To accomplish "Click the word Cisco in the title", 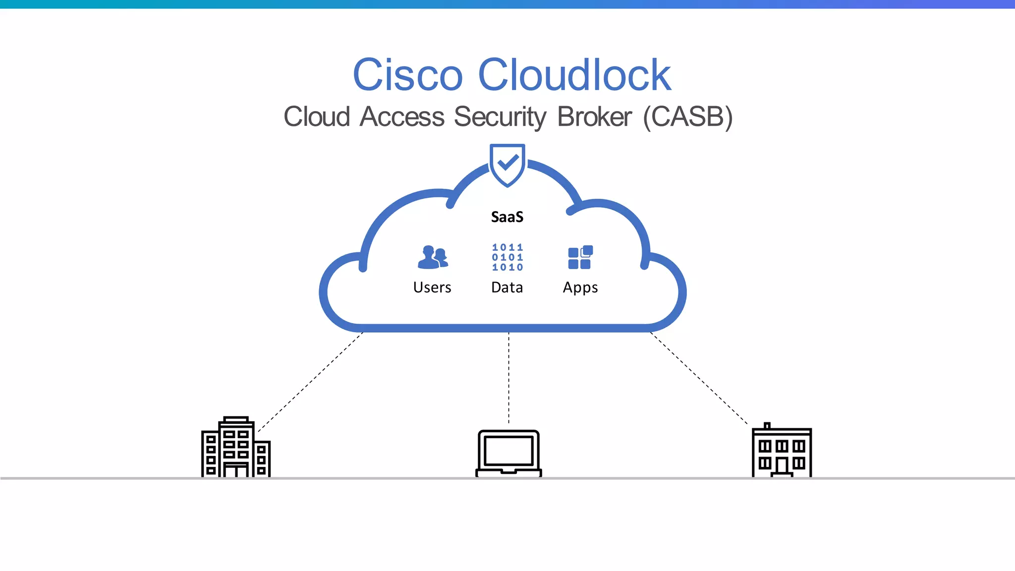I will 407,75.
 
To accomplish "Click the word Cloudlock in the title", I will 574,75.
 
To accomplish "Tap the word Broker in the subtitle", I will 594,117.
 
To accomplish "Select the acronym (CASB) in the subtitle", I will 687,117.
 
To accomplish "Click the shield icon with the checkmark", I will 507,164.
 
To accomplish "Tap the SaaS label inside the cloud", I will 507,217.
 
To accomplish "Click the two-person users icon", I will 433,257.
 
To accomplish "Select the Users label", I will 432,287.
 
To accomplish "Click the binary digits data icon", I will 507,257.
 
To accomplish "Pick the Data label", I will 507,287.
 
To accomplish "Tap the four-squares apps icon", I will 580,257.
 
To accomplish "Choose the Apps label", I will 580,288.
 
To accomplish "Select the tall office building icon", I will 236,447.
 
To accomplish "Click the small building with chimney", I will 782,451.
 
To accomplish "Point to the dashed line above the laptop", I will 508,377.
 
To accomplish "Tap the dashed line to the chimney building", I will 699,378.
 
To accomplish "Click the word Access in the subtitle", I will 402,117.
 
